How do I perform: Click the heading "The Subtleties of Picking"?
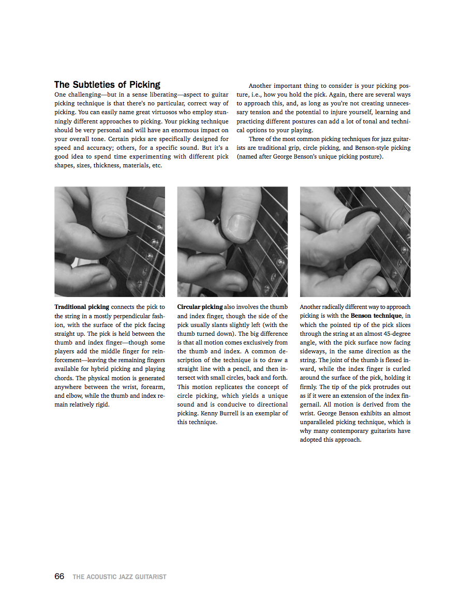point(107,85)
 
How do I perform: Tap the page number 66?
point(60,576)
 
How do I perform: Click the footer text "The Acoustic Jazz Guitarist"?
point(120,577)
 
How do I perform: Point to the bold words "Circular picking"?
point(200,307)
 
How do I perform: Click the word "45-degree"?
point(396,334)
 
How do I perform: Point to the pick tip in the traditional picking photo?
point(133,231)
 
